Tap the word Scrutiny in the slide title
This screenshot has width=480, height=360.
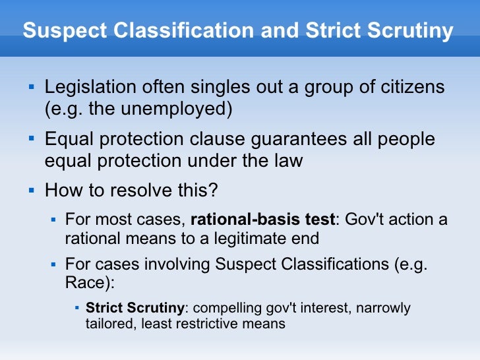tap(407, 31)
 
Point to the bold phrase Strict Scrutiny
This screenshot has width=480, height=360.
tap(135, 308)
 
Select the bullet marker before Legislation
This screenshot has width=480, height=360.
tap(30, 86)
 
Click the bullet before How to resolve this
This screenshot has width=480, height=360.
tap(30, 191)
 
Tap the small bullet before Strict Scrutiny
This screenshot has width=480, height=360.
tap(77, 307)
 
